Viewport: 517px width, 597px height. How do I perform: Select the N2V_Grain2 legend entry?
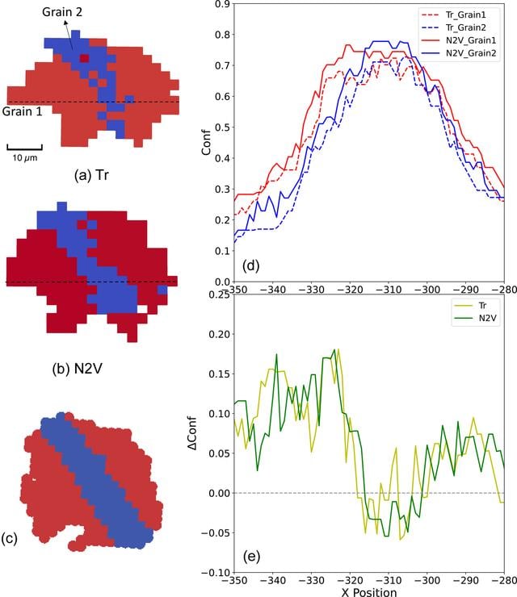[459, 53]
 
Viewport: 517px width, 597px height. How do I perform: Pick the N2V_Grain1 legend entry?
[459, 40]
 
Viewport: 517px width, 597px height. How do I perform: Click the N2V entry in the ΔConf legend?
[475, 319]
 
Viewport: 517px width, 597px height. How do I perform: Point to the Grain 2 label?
[61, 12]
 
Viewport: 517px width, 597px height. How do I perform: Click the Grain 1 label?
[22, 111]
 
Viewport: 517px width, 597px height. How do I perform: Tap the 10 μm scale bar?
[24, 147]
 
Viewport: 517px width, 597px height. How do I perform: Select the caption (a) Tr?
[91, 175]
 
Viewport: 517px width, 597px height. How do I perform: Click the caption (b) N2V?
[77, 368]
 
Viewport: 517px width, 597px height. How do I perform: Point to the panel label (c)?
[9, 538]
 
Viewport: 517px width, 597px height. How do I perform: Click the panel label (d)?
[251, 265]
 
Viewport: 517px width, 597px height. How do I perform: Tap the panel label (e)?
[251, 557]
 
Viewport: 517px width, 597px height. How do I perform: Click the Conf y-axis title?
[207, 143]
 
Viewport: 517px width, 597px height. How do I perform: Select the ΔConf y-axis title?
[192, 433]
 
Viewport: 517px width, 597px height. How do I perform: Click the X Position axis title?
[368, 592]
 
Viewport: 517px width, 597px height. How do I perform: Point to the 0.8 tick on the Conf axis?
[223, 35]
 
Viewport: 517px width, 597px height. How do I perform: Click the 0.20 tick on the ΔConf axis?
[220, 334]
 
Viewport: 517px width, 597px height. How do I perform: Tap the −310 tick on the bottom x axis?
[388, 580]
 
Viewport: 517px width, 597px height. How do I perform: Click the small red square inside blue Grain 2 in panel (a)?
[85, 58]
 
